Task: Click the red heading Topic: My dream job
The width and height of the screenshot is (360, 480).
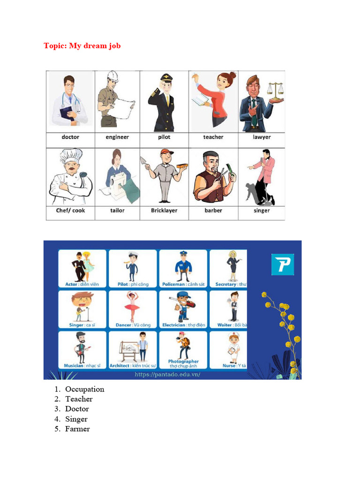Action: [82, 46]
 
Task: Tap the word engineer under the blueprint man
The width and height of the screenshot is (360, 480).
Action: [117, 137]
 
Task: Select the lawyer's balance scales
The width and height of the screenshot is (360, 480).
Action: [275, 89]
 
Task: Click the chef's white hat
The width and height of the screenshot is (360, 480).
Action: [71, 156]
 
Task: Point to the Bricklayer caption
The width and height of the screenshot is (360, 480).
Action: [164, 210]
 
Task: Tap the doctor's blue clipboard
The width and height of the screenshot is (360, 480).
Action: [66, 112]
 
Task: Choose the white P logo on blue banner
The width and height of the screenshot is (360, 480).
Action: [283, 264]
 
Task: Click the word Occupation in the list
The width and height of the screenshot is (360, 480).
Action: [85, 389]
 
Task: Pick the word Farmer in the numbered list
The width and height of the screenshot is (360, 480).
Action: [77, 429]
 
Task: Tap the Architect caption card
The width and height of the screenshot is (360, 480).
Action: [133, 366]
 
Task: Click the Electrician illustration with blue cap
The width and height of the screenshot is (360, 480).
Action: [182, 307]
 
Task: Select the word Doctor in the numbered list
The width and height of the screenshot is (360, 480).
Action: [77, 409]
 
